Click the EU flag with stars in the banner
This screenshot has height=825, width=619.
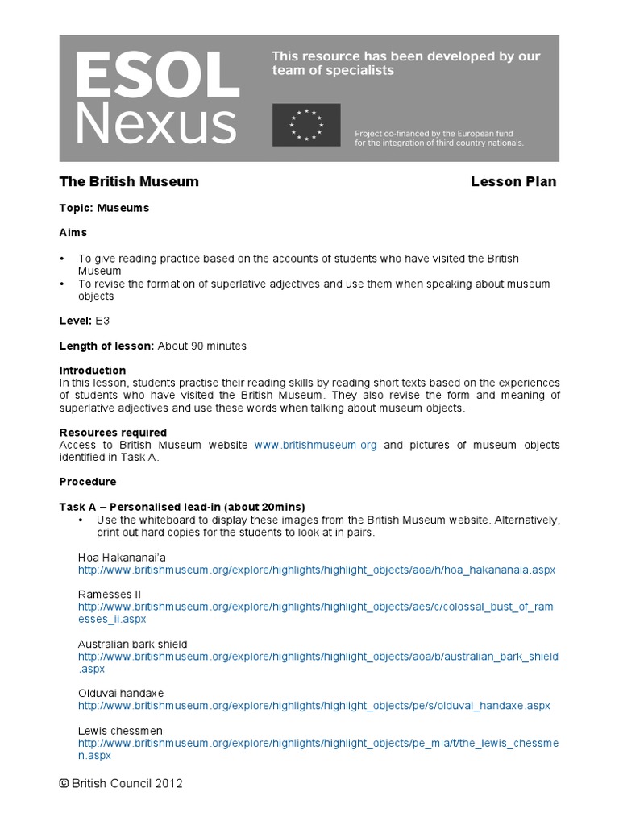pyautogui.click(x=306, y=125)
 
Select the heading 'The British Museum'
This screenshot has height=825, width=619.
pyautogui.click(x=129, y=182)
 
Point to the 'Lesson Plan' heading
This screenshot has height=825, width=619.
pyautogui.click(x=513, y=182)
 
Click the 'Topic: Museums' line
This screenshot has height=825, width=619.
pyautogui.click(x=104, y=208)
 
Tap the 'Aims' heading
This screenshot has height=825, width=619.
pyautogui.click(x=73, y=232)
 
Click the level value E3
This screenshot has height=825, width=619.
pyautogui.click(x=102, y=321)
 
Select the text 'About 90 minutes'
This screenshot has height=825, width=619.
pyautogui.click(x=202, y=346)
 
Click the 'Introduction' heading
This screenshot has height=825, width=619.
pyautogui.click(x=93, y=371)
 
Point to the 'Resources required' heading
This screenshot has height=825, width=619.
pyautogui.click(x=113, y=433)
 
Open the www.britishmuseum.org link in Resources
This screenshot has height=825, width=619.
pyautogui.click(x=316, y=445)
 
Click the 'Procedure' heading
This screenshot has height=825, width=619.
pyautogui.click(x=88, y=482)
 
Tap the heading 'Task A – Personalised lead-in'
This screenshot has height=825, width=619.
pyautogui.click(x=182, y=507)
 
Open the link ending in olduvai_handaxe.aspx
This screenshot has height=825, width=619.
pyautogui.click(x=314, y=706)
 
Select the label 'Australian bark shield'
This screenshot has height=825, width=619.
pyautogui.click(x=132, y=645)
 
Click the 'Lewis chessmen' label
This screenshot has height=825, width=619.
pyautogui.click(x=120, y=731)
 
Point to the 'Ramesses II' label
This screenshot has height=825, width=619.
pyautogui.click(x=109, y=595)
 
